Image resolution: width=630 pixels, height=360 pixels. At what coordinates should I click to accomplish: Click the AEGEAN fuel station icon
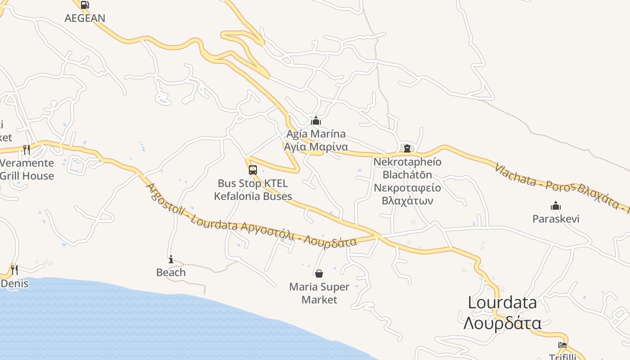(x=85, y=5)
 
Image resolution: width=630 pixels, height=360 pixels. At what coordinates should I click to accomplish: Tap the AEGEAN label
(x=85, y=18)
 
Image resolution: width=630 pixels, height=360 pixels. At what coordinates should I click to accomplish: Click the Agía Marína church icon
(x=316, y=121)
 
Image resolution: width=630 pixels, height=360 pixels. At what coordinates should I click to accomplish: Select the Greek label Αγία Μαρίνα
(x=316, y=147)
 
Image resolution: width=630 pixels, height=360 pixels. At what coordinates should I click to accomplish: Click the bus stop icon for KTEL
(x=253, y=170)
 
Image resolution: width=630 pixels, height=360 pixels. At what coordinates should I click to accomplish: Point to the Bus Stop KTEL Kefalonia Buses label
(x=253, y=190)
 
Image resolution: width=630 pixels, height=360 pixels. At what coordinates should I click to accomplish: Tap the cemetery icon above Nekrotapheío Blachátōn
(x=407, y=148)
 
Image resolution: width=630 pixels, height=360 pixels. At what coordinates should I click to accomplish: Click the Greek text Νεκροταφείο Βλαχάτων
(x=407, y=194)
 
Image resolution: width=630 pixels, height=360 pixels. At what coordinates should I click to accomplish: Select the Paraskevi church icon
(x=556, y=206)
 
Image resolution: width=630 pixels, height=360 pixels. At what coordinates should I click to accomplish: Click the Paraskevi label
(x=556, y=219)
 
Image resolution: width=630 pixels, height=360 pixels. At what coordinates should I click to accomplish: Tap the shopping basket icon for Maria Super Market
(x=319, y=273)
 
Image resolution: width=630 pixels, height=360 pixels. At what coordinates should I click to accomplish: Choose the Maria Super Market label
(x=319, y=293)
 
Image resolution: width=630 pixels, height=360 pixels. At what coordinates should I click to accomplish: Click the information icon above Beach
(x=171, y=259)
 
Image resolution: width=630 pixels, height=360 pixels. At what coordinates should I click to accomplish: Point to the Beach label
(x=171, y=272)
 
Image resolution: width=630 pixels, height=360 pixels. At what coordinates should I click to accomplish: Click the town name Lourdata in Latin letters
(x=502, y=302)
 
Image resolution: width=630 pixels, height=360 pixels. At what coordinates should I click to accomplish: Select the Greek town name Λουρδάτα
(x=502, y=323)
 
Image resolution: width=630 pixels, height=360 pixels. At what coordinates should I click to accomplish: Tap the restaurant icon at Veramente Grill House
(x=27, y=149)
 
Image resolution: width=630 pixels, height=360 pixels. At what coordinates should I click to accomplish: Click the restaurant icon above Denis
(x=14, y=270)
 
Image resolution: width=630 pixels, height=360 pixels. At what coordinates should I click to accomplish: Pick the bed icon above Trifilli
(x=562, y=345)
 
